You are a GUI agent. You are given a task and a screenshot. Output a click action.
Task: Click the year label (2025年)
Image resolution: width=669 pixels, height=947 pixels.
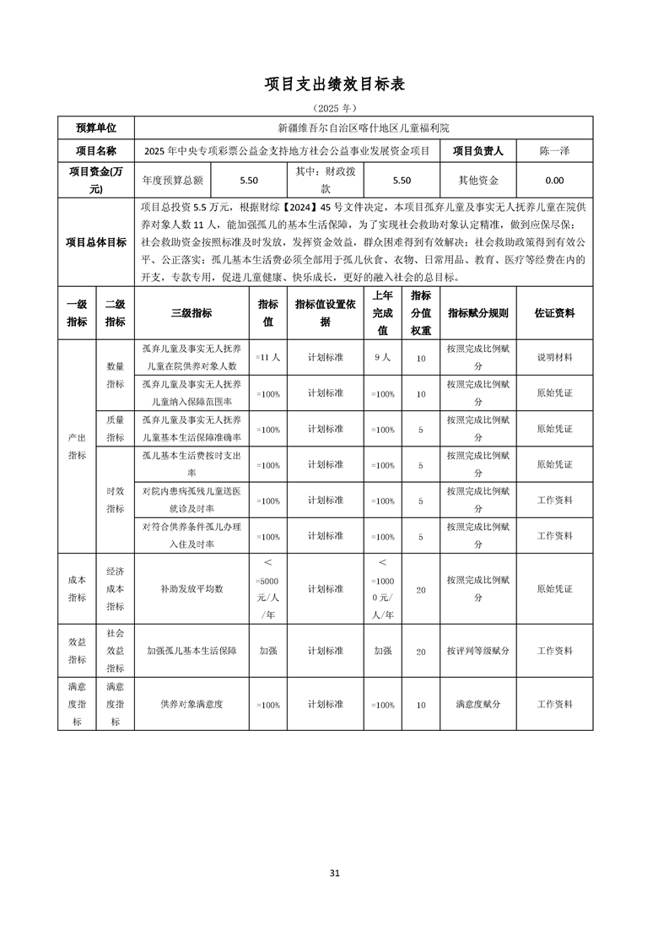pyautogui.click(x=335, y=109)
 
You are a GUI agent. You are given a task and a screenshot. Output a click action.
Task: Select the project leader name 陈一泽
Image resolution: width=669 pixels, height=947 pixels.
pyautogui.click(x=554, y=151)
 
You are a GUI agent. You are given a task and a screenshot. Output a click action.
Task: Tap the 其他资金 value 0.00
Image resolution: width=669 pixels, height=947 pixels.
pyautogui.click(x=554, y=180)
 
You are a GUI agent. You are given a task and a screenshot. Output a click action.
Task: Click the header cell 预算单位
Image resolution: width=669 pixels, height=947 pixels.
pyautogui.click(x=96, y=128)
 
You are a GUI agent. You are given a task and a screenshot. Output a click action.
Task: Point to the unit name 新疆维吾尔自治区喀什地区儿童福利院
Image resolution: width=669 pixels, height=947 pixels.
pyautogui.click(x=364, y=128)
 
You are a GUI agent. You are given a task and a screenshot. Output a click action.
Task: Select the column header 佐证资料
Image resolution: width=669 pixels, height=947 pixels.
pyautogui.click(x=554, y=313)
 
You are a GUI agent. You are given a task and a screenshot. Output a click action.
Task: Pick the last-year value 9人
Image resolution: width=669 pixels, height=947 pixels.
pyautogui.click(x=382, y=358)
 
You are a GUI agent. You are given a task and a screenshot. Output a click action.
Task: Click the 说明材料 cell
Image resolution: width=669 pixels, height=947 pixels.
pyautogui.click(x=554, y=358)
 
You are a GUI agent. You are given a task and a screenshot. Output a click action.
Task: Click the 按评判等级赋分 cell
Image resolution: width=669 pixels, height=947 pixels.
pyautogui.click(x=478, y=651)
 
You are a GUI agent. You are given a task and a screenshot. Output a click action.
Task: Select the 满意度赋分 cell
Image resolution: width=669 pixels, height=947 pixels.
pyautogui.click(x=478, y=704)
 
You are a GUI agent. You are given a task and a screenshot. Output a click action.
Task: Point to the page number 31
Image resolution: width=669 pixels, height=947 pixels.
pyautogui.click(x=335, y=874)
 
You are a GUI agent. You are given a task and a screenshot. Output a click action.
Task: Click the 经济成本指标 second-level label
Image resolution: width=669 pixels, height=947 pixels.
pyautogui.click(x=116, y=588)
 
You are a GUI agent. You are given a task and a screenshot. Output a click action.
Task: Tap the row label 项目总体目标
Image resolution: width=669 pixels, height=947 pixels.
pyautogui.click(x=96, y=242)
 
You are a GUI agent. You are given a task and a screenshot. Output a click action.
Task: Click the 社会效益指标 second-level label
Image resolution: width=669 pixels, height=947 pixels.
pyautogui.click(x=116, y=651)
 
